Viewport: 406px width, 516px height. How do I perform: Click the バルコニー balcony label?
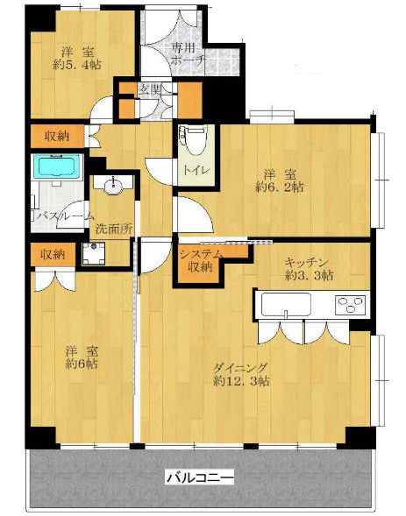click(x=200, y=477)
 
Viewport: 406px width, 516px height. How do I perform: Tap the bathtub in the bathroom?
click(x=57, y=166)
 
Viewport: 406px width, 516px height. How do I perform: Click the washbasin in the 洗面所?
click(x=112, y=185)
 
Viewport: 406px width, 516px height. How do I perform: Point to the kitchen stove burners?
click(x=350, y=304)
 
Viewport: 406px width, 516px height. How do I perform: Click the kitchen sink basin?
click(x=286, y=304)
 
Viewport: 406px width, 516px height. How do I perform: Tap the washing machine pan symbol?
click(x=94, y=253)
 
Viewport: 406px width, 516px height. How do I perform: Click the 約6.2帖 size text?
click(x=279, y=187)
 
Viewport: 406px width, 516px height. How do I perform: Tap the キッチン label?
click(x=306, y=262)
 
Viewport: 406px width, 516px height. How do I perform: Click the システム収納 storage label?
click(x=201, y=261)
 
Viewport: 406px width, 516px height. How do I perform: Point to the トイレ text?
click(x=196, y=170)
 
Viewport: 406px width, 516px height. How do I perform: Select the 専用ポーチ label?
click(x=188, y=54)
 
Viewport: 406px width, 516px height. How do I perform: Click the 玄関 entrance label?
click(x=151, y=88)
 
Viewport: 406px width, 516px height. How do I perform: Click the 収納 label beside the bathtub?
click(x=57, y=136)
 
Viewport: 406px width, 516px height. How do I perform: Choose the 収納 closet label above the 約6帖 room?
click(x=53, y=254)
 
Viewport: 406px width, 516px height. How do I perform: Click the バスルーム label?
click(x=65, y=216)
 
